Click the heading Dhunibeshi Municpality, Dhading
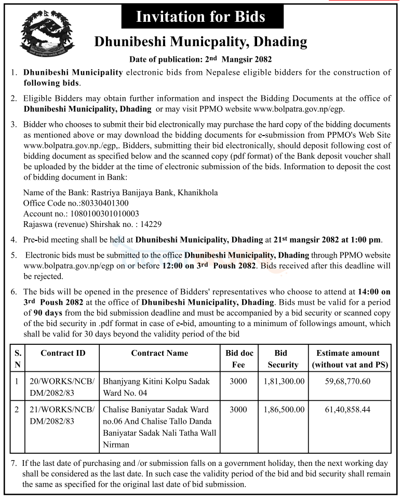(x=200, y=42)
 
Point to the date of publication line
(x=200, y=60)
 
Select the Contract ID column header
(x=63, y=353)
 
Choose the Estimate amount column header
(x=347, y=359)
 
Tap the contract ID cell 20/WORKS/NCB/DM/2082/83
(x=63, y=387)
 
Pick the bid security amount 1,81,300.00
(x=284, y=381)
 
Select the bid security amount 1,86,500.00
(x=284, y=410)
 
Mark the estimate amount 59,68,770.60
(x=347, y=381)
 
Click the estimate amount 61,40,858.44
(x=347, y=410)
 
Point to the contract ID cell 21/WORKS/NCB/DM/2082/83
(x=63, y=415)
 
